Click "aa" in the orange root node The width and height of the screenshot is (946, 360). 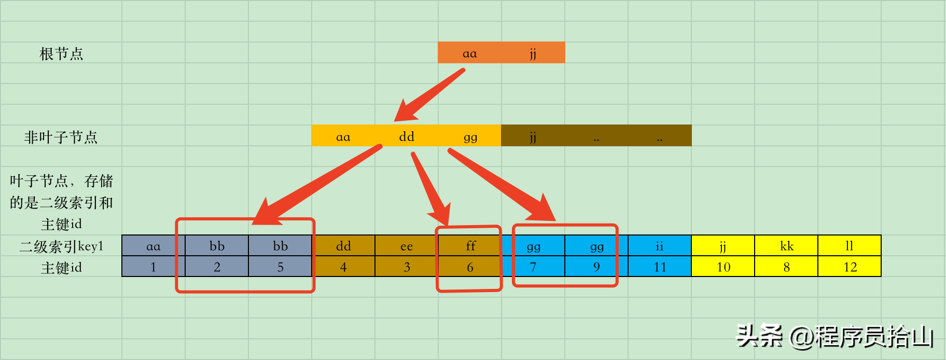(469, 53)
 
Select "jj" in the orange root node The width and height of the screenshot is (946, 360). (533, 54)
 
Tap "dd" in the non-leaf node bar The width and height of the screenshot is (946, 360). (407, 136)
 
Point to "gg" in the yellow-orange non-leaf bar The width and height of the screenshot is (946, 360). (470, 137)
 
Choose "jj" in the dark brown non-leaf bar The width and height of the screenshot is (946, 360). (533, 137)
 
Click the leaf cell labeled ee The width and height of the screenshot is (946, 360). (407, 246)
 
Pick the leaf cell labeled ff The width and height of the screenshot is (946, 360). (470, 246)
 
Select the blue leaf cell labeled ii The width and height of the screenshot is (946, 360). (660, 246)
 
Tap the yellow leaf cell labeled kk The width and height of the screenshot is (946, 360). (786, 246)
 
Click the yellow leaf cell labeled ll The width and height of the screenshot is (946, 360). (850, 246)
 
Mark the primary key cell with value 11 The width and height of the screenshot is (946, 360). (660, 267)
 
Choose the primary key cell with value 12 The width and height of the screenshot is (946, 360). (850, 267)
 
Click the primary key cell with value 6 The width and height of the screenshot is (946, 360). (470, 267)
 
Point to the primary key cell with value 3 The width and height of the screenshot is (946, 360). (407, 267)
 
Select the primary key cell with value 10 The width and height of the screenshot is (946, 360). (723, 267)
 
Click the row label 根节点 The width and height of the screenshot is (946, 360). (61, 54)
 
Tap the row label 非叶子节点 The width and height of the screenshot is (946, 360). (61, 137)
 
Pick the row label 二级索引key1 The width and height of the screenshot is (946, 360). (61, 246)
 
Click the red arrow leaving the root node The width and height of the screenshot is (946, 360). (429, 95)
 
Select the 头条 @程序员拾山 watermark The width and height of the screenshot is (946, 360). (835, 336)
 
